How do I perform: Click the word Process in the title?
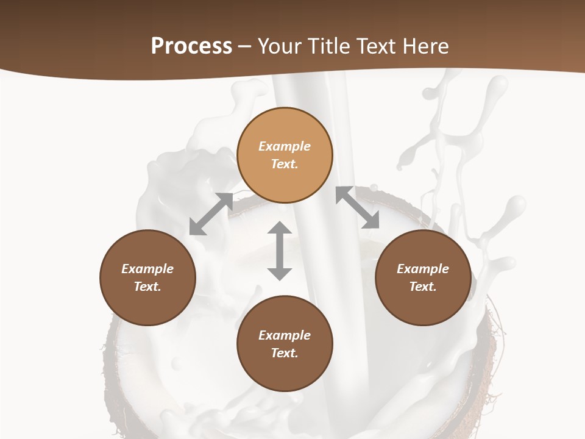click(x=191, y=46)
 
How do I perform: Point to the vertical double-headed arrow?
click(x=280, y=251)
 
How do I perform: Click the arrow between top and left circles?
click(x=211, y=214)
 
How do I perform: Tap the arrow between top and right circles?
click(x=357, y=208)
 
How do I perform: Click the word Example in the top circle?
click(x=285, y=146)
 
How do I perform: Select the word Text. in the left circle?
click(x=147, y=287)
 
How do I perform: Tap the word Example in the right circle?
click(x=423, y=269)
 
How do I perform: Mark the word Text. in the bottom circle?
click(x=285, y=353)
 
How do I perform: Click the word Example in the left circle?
click(x=147, y=269)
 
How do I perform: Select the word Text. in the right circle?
click(x=423, y=287)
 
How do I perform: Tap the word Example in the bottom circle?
click(x=285, y=335)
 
